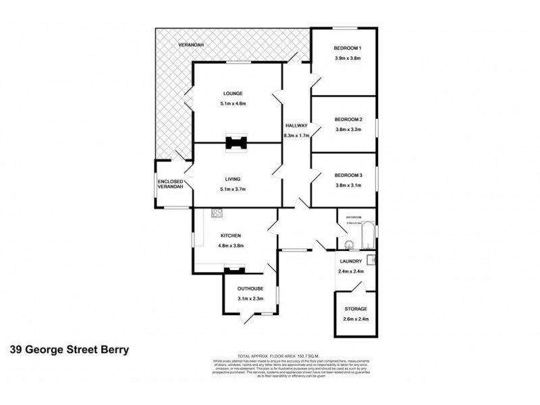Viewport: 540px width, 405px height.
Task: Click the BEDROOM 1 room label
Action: (x=348, y=48)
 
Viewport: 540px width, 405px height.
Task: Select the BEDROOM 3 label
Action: (x=348, y=175)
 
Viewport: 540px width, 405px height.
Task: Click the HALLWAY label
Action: (x=296, y=126)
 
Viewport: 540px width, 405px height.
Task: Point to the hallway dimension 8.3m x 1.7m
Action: (x=296, y=136)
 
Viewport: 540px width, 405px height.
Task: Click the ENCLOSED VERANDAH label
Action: (x=170, y=184)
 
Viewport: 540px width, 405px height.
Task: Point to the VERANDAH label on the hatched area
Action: (x=191, y=45)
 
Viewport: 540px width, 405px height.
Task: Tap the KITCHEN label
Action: (x=231, y=235)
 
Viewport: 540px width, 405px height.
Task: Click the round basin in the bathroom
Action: (x=348, y=245)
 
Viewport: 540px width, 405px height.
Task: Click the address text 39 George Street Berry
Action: (x=70, y=350)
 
